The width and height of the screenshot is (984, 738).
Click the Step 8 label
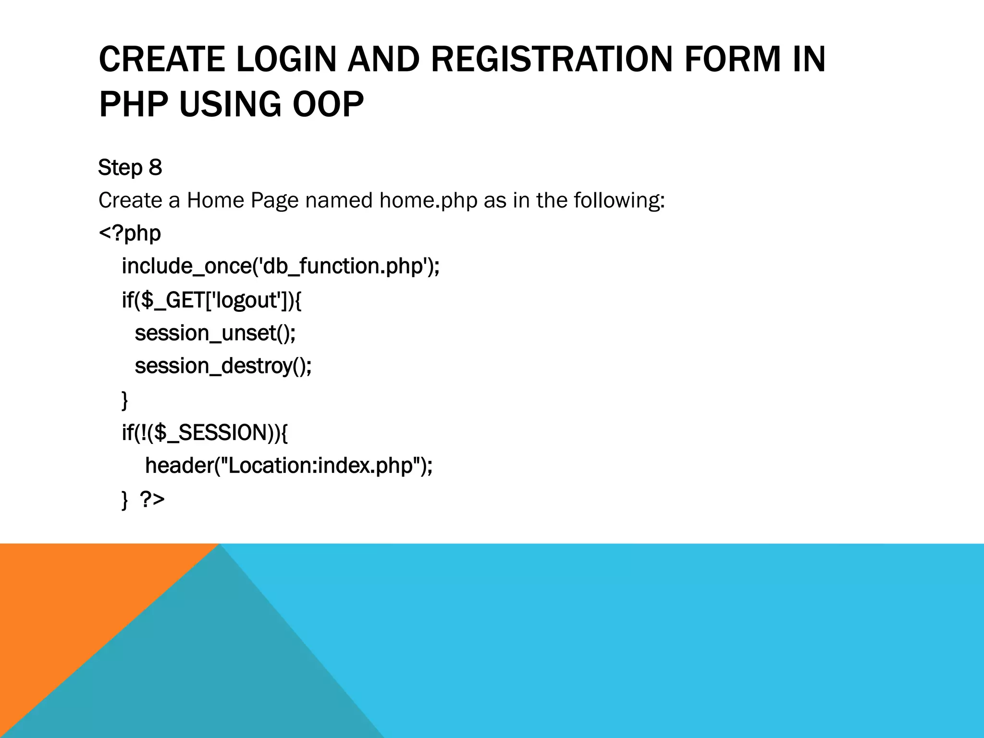point(130,168)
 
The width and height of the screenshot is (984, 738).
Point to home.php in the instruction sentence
point(428,200)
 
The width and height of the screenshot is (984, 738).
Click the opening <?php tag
point(130,234)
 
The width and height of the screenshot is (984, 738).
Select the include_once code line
point(281,266)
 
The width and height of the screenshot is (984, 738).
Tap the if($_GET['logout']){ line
point(211,300)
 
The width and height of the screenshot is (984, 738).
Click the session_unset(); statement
point(215,333)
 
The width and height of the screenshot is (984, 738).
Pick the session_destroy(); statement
point(223,366)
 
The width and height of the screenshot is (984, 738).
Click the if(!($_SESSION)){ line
point(205,432)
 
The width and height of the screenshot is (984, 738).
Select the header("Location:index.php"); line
point(289,466)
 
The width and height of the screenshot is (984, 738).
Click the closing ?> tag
point(152,499)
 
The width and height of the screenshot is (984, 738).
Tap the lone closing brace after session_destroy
point(125,399)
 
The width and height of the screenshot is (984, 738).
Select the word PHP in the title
point(133,104)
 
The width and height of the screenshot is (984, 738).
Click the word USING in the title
point(230,104)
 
